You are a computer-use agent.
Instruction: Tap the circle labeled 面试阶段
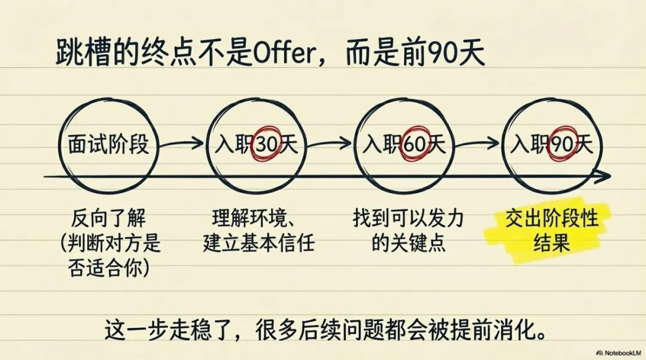pos(109,144)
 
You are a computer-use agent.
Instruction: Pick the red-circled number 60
pos(412,144)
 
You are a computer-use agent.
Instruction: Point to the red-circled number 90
pos(560,144)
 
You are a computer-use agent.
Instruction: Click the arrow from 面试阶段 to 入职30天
pos(182,144)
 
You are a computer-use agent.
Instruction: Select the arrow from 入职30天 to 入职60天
pos(330,144)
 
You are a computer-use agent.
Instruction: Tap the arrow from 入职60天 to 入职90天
pos(478,144)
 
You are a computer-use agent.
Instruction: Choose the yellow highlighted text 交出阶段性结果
pos(551,231)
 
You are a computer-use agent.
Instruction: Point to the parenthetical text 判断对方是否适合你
pos(111,256)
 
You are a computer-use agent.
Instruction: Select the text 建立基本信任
pos(259,244)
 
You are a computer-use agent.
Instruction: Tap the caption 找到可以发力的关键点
pos(409,231)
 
